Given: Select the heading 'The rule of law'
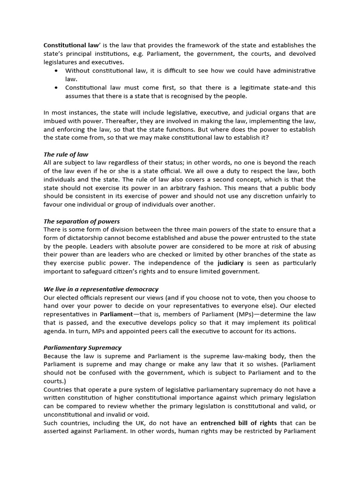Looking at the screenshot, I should (x=66, y=154).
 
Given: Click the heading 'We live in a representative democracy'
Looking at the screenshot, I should (x=101, y=289).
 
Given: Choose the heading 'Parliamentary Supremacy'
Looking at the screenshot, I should (x=82, y=347).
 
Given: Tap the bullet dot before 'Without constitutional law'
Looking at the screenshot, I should (x=56, y=71).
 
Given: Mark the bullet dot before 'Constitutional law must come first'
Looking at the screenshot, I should (x=56, y=88).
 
